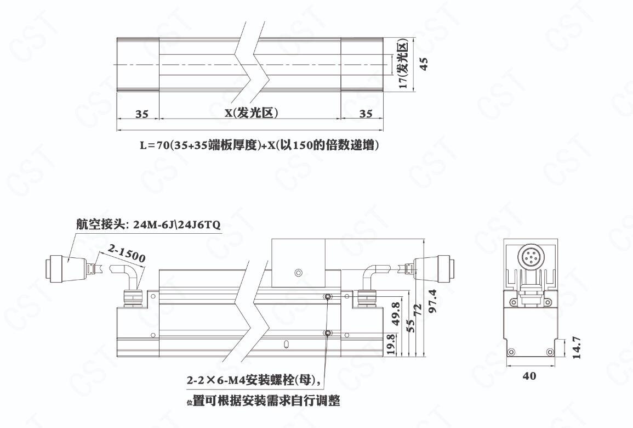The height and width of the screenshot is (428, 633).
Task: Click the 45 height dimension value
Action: point(424,64)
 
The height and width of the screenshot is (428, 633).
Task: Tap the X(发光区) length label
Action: point(252,113)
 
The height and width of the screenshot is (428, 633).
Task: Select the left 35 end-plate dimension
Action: point(142,114)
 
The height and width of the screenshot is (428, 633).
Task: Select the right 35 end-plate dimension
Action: point(366,114)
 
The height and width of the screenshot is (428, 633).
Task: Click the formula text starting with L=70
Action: point(260,145)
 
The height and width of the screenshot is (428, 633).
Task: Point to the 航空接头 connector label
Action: point(149,225)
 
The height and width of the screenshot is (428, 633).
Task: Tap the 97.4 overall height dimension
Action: point(433,301)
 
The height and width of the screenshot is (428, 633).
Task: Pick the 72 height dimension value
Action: point(418,309)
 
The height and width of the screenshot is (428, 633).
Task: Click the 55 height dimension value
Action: point(409,325)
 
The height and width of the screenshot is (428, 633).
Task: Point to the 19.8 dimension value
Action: point(391,345)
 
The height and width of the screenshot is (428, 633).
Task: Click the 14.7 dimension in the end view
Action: point(577,347)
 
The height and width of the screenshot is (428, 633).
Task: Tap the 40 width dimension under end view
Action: point(529,376)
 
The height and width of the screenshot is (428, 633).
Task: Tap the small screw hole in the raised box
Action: point(298,273)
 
